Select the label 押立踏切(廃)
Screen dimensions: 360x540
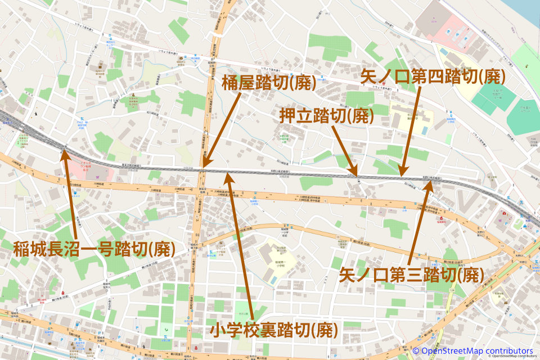click(327, 116)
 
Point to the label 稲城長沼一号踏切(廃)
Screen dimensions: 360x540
click(93, 247)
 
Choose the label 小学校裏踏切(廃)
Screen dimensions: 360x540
click(274, 329)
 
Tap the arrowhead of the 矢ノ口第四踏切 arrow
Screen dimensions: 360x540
click(403, 173)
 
